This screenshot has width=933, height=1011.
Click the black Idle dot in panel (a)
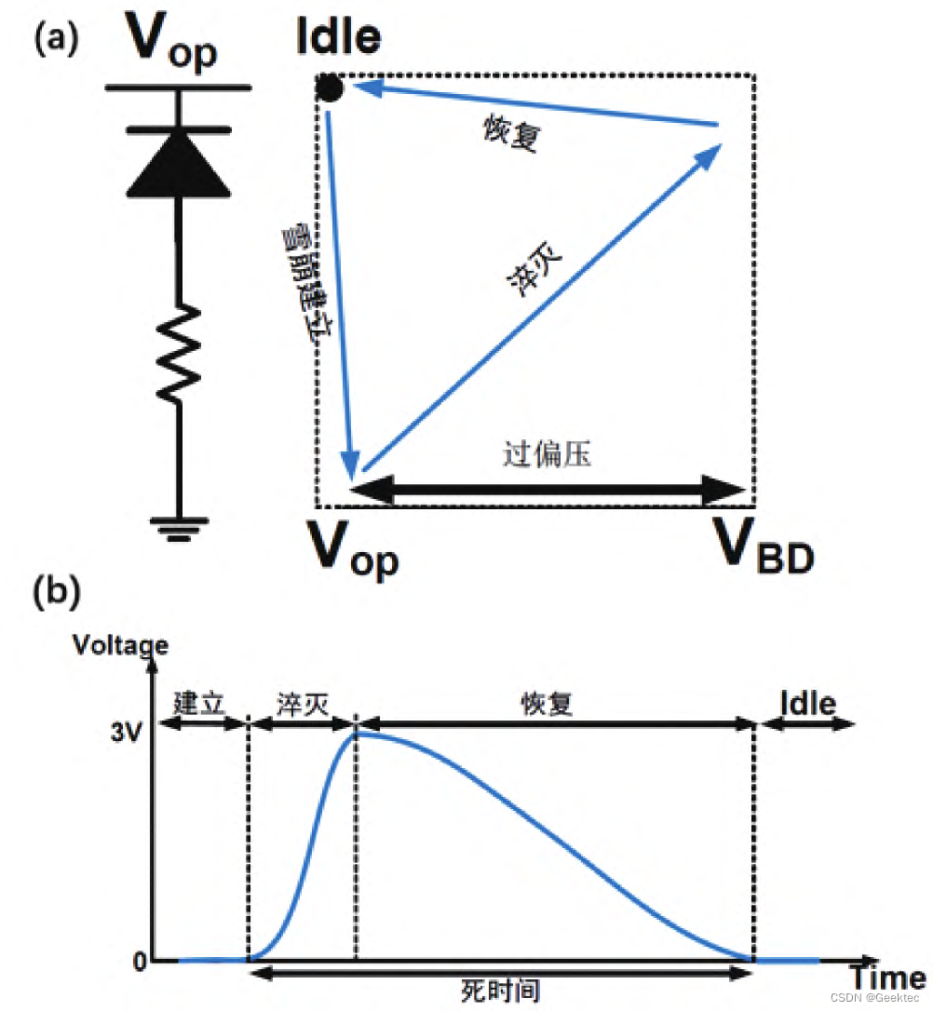(x=330, y=88)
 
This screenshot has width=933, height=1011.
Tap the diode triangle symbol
(x=179, y=164)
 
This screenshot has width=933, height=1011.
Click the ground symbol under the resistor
(x=179, y=529)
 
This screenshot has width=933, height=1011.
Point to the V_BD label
(x=764, y=546)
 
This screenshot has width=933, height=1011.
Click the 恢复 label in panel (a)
(x=510, y=137)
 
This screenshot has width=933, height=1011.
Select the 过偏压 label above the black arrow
(x=547, y=455)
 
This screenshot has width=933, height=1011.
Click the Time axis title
(x=886, y=978)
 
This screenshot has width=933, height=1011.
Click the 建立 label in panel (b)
(x=200, y=704)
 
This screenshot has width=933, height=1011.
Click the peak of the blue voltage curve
(x=357, y=733)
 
